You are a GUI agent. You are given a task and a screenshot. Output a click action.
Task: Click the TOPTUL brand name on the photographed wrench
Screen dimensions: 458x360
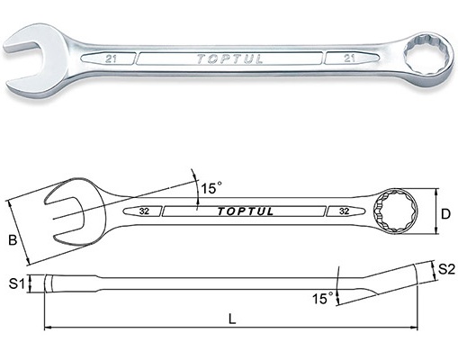click(229, 58)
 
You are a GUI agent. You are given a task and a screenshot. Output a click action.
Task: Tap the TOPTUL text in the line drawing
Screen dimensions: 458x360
click(246, 211)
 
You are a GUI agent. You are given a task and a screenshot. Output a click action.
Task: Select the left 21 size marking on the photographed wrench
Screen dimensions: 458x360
click(111, 58)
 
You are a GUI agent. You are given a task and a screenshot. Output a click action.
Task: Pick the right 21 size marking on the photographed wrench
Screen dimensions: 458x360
click(349, 58)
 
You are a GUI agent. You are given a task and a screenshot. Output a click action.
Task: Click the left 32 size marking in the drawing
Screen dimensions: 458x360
click(144, 211)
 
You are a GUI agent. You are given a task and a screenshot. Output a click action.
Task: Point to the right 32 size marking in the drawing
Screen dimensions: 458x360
click(345, 211)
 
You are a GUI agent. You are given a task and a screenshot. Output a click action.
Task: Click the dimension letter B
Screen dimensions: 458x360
click(13, 240)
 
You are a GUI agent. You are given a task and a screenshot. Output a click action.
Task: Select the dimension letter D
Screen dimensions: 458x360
click(445, 214)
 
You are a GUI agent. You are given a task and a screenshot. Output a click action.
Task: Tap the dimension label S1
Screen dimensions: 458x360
click(17, 283)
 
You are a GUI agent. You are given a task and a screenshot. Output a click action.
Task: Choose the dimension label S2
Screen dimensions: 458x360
click(446, 269)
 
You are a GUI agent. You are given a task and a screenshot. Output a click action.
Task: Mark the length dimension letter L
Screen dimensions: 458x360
click(232, 319)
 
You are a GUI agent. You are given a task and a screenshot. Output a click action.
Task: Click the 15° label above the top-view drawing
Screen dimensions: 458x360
click(211, 188)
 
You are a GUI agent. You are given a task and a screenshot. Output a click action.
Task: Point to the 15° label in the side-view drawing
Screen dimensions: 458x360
click(322, 298)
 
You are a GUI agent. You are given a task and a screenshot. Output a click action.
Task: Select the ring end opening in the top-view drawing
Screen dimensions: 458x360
click(395, 211)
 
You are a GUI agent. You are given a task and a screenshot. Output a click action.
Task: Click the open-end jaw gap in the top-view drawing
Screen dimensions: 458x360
click(65, 218)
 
